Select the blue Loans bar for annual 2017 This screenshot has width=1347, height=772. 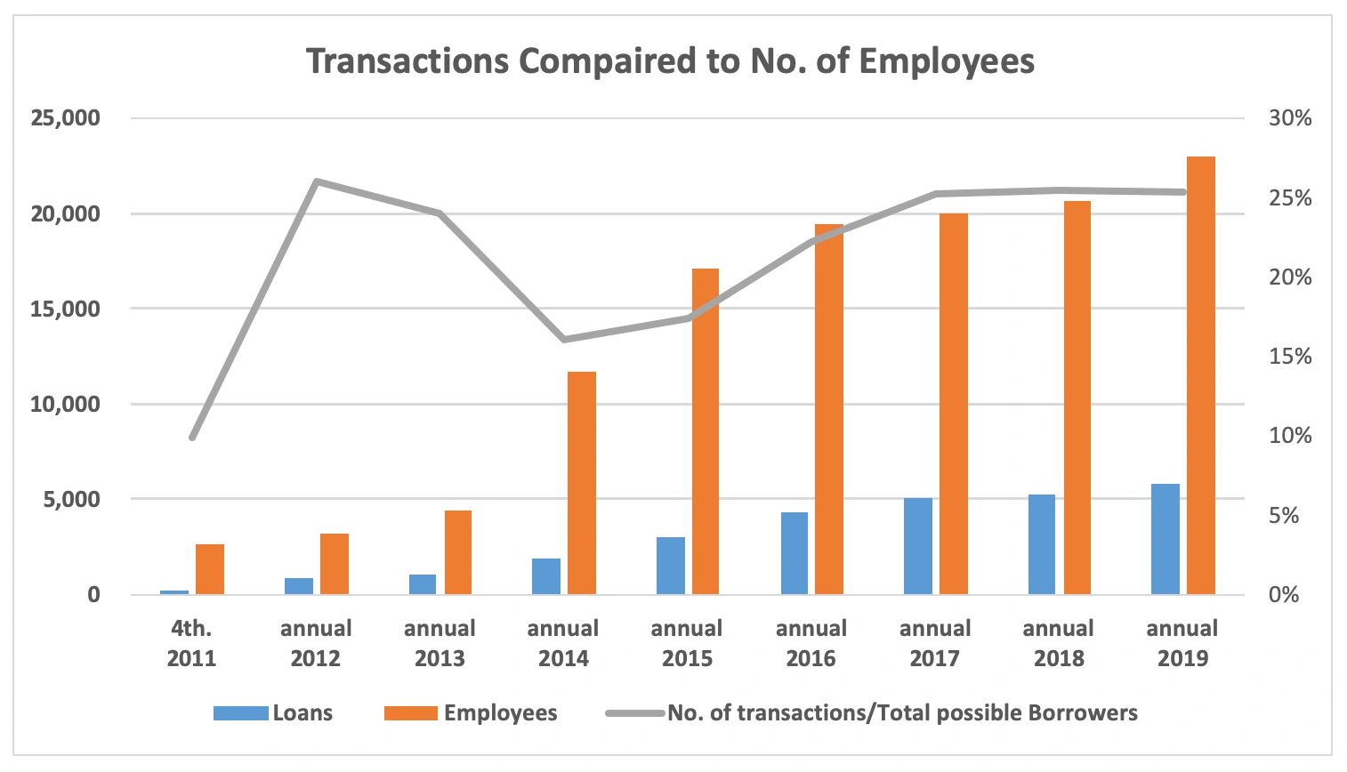coord(918,546)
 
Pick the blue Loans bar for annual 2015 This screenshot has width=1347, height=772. coord(671,566)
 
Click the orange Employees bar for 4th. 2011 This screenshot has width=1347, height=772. coord(210,569)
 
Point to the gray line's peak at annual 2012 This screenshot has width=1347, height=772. coord(317,181)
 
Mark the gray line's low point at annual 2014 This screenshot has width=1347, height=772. coord(564,340)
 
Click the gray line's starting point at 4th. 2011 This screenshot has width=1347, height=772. coord(192,438)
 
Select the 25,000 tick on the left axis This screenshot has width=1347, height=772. coord(67,118)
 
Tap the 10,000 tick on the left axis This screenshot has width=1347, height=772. coord(67,404)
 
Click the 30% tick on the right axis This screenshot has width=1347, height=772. coord(1290,118)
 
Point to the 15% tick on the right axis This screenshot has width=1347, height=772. coord(1290,357)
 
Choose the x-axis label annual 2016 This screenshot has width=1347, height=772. coord(811,643)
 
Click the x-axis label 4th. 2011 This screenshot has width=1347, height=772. coord(192,643)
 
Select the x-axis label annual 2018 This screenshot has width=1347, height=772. coord(1059,643)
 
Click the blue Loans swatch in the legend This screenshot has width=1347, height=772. coord(240,713)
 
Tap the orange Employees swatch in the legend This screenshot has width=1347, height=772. coord(410,713)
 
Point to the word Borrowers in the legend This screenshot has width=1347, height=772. coord(1082,713)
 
